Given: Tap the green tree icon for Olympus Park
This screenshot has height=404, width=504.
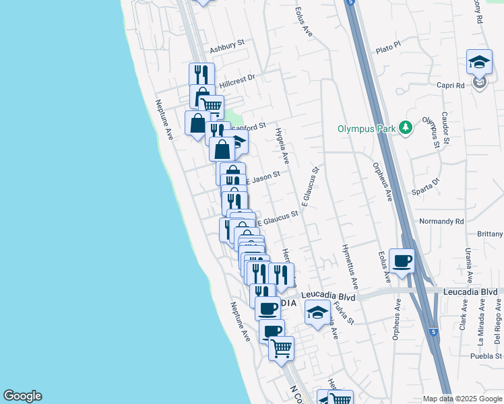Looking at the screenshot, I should point(405,127).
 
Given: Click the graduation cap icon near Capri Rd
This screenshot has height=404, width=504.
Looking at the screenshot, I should point(479,63).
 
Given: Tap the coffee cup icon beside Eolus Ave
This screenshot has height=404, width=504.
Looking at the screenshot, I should point(402,261).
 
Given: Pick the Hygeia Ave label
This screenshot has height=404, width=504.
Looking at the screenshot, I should point(282,147).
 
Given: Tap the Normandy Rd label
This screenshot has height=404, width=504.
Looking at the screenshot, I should point(441,221).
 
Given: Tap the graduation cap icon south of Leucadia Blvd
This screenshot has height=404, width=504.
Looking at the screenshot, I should point(317,312).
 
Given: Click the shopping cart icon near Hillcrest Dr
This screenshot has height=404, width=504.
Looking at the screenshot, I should point(211,105).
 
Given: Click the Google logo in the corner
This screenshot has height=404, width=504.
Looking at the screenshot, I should point(22,396).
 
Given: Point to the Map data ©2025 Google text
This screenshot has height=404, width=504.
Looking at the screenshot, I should point(462,399).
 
